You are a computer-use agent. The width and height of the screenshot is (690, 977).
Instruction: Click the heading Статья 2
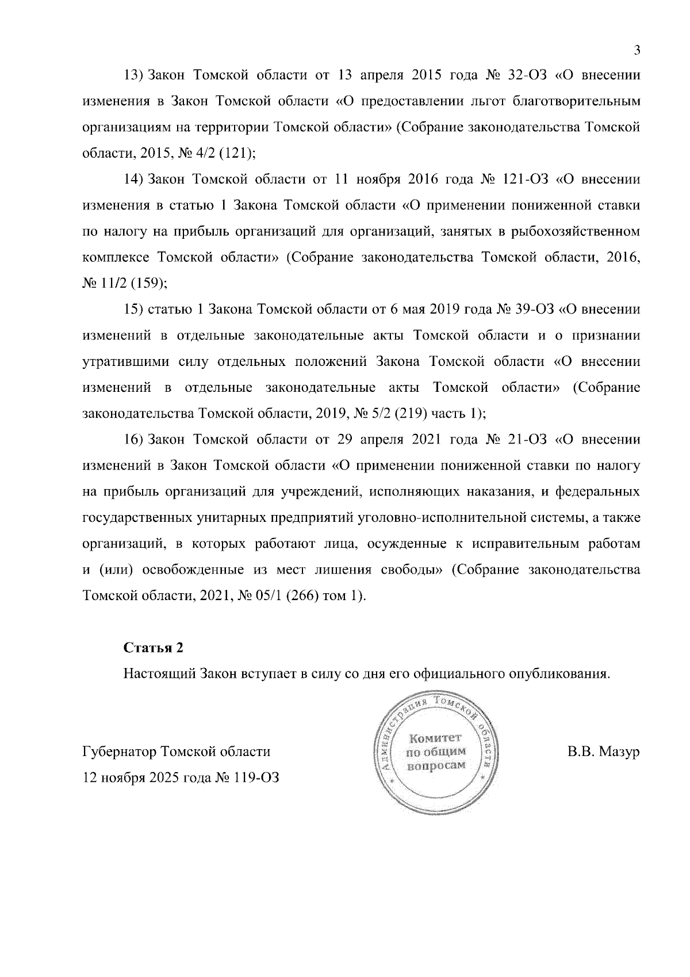[x=154, y=647]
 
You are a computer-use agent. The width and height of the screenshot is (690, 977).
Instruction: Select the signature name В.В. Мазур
[x=603, y=752]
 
